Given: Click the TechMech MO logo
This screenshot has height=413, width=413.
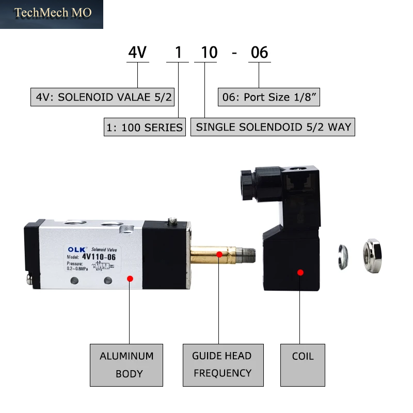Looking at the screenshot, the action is [x=52, y=14].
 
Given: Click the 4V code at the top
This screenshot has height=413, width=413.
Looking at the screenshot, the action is [x=137, y=52].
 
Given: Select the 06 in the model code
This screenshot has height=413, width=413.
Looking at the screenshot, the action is [x=260, y=52].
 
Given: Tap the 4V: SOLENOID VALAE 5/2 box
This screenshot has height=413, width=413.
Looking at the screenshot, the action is [x=102, y=97].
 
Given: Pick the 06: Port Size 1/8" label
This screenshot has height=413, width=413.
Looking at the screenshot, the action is [x=269, y=97].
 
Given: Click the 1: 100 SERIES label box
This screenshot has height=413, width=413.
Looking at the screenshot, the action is [x=145, y=127].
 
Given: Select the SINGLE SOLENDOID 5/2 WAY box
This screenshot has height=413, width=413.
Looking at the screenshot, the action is [x=273, y=127].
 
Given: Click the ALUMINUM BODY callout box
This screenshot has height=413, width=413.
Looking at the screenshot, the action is [x=126, y=365].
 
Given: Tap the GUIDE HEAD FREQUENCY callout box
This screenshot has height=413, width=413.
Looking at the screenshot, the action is [x=223, y=365].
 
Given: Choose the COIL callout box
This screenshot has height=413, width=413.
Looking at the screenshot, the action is [x=303, y=365].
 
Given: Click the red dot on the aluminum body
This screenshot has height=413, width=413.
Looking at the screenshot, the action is [x=130, y=279].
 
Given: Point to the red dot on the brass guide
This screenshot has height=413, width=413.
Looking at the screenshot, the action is [x=219, y=255].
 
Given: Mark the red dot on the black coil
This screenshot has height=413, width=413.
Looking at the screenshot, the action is [x=300, y=273].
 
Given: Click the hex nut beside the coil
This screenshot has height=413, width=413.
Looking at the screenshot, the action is [x=372, y=256].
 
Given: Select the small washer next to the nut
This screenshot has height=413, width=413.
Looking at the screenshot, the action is [x=343, y=257].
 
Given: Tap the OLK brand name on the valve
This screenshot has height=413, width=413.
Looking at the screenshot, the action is [x=76, y=249].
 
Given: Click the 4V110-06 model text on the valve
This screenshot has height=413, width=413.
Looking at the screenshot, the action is [x=99, y=257].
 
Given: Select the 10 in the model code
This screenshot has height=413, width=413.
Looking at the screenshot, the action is [x=209, y=52].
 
